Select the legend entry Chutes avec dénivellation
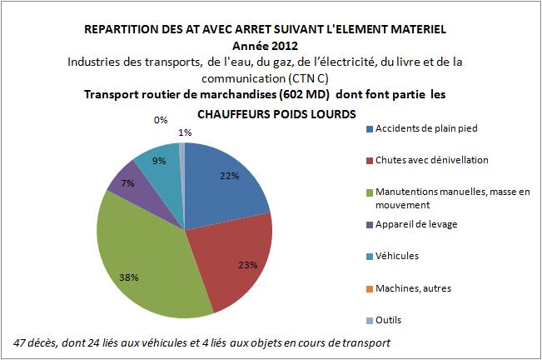[x=431, y=160]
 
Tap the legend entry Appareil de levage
[x=417, y=223]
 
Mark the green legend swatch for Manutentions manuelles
[x=369, y=192]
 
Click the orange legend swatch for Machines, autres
[x=369, y=287]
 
